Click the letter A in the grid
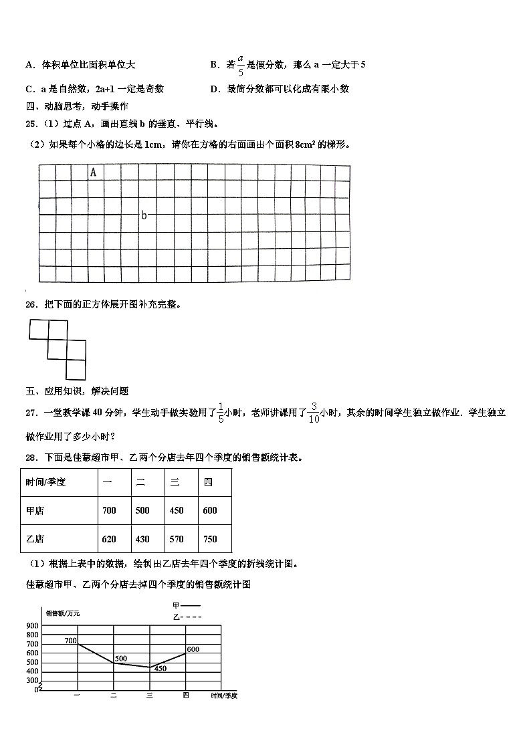click(93, 173)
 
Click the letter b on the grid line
click(144, 215)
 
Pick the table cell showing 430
click(142, 539)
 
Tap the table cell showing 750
click(210, 539)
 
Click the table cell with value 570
click(177, 539)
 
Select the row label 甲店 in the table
click(35, 510)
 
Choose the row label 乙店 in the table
click(35, 539)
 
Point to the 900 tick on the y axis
click(32, 626)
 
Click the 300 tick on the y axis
click(32, 680)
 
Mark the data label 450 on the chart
click(161, 668)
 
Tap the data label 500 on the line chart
click(120, 659)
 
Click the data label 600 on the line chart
click(193, 649)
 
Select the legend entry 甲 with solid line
click(181, 606)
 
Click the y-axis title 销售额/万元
click(62, 613)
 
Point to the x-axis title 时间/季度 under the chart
click(224, 695)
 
